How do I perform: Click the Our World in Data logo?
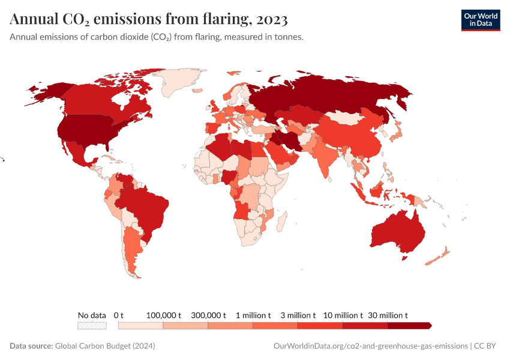(480, 19)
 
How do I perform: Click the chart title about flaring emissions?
(149, 19)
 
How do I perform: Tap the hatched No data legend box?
(92, 326)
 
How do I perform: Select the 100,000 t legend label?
(163, 315)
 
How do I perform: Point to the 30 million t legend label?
(388, 315)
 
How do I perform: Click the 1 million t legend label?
(253, 315)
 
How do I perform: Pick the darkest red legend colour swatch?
(409, 326)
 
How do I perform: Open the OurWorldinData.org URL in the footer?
(370, 346)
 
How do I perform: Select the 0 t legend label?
(118, 315)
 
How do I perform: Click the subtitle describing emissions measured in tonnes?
(157, 37)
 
